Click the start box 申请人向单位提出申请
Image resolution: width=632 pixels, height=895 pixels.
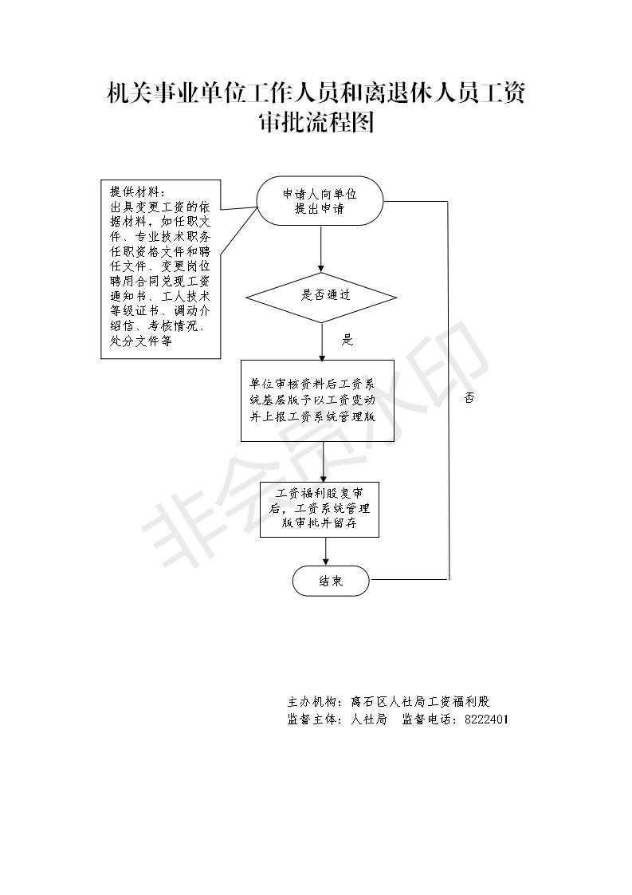tap(320, 201)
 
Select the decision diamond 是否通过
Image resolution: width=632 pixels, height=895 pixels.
tap(321, 297)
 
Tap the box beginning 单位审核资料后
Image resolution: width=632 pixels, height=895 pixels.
tap(317, 400)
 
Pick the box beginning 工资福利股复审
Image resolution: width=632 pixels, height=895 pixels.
tap(320, 509)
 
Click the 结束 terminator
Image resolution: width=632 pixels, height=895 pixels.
tap(331, 581)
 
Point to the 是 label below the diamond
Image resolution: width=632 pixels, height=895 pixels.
tap(347, 340)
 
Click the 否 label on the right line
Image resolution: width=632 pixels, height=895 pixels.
tap(469, 398)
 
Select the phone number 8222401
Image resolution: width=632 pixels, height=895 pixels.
tap(486, 720)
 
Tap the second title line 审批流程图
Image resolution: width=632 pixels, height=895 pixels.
tap(316, 122)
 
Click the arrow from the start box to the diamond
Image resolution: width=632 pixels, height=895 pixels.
tap(321, 250)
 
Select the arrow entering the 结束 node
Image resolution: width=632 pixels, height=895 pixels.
tap(326, 551)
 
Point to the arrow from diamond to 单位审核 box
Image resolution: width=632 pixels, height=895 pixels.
tap(322, 341)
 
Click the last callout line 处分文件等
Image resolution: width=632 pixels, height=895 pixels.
tap(141, 341)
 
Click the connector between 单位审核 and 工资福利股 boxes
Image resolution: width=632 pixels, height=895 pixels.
tap(323, 462)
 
